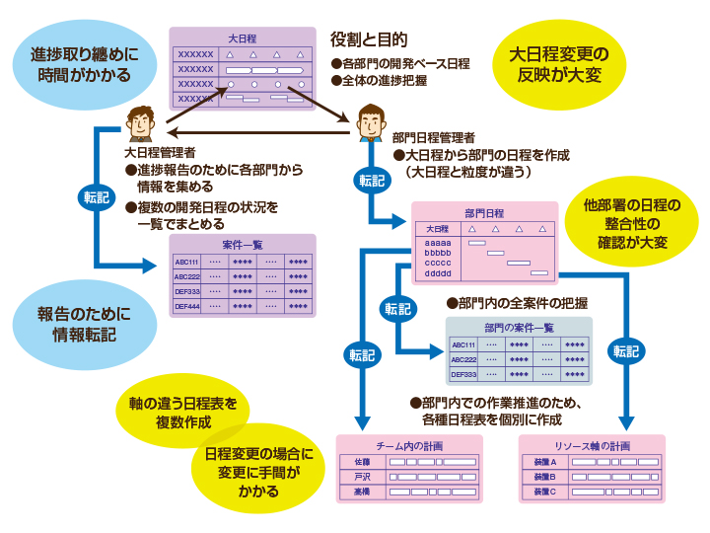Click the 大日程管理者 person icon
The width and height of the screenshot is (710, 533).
pyautogui.click(x=140, y=124)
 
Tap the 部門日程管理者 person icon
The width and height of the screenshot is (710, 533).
pyautogui.click(x=370, y=122)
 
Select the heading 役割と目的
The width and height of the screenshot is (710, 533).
pyautogui.click(x=368, y=40)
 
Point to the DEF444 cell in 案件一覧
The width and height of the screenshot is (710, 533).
pyautogui.click(x=187, y=307)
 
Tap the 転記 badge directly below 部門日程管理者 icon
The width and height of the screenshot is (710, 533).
pyautogui.click(x=371, y=181)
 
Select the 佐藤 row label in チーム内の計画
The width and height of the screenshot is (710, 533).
pyautogui.click(x=361, y=461)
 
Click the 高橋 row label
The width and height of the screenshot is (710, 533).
pyautogui.click(x=361, y=491)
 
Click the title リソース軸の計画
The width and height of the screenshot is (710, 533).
pyautogui.click(x=592, y=444)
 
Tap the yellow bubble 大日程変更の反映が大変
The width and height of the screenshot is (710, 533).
pyautogui.click(x=558, y=64)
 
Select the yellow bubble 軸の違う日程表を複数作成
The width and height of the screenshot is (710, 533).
pyautogui.click(x=183, y=413)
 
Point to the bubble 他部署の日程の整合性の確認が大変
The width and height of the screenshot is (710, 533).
pyautogui.click(x=632, y=223)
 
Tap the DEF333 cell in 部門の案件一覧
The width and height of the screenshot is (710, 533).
pyautogui.click(x=463, y=375)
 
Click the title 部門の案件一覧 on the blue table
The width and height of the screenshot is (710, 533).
pyautogui.click(x=519, y=327)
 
